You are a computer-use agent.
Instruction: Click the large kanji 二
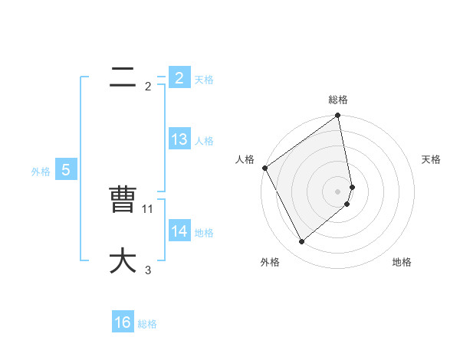pyautogui.click(x=123, y=77)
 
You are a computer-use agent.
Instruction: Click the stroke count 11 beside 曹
pyautogui.click(x=148, y=208)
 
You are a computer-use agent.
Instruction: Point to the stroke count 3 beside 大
pyautogui.click(x=148, y=270)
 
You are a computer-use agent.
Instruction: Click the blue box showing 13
pyautogui.click(x=179, y=139)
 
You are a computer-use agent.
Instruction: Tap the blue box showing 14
pyautogui.click(x=179, y=231)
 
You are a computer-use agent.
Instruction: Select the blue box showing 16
pyautogui.click(x=123, y=322)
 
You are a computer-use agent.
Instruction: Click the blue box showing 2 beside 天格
pyautogui.click(x=179, y=77)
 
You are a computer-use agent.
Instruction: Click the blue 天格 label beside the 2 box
pyautogui.click(x=204, y=80)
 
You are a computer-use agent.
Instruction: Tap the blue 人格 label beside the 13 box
pyautogui.click(x=204, y=141)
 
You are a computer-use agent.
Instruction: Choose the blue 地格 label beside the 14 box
pyautogui.click(x=204, y=233)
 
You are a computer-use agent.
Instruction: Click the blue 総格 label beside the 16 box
pyautogui.click(x=147, y=324)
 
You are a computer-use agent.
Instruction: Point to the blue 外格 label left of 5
pyautogui.click(x=41, y=172)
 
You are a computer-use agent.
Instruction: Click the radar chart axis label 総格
pyautogui.click(x=338, y=100)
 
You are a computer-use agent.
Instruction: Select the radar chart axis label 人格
pyautogui.click(x=245, y=159)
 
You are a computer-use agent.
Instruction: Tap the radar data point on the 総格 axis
pyautogui.click(x=338, y=116)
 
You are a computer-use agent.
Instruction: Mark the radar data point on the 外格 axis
pyautogui.click(x=302, y=242)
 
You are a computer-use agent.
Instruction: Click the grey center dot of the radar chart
pyautogui.click(x=338, y=191)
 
